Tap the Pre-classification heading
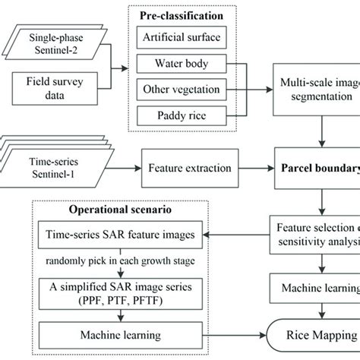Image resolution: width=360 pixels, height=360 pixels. coord(185,14)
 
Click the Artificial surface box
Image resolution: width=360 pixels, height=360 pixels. coord(185,36)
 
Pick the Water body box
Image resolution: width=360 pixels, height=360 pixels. coord(185,63)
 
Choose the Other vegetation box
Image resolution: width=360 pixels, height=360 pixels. coord(185,90)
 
